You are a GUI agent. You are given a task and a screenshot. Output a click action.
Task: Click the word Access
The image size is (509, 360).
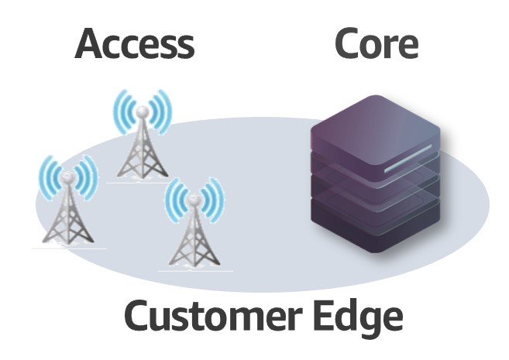[134, 45]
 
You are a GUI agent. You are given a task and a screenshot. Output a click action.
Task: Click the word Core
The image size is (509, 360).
[377, 45]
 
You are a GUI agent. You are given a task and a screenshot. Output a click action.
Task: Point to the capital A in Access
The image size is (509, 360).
[91, 45]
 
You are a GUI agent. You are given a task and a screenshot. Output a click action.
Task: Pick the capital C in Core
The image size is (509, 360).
[347, 45]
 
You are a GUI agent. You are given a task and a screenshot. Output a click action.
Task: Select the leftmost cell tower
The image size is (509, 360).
[68, 205]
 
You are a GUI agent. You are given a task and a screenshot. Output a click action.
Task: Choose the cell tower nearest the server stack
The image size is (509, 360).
[193, 225]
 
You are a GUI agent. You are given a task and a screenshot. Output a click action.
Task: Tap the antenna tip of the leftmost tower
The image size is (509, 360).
[68, 175]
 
